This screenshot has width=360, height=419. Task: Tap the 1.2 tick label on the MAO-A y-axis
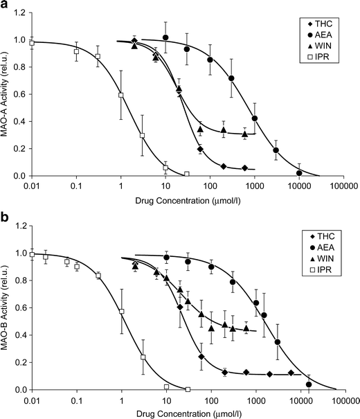click(20, 13)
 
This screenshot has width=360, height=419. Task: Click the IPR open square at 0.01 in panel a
click(32, 43)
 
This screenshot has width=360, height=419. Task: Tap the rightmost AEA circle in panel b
click(308, 384)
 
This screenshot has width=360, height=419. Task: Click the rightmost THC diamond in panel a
click(245, 168)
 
